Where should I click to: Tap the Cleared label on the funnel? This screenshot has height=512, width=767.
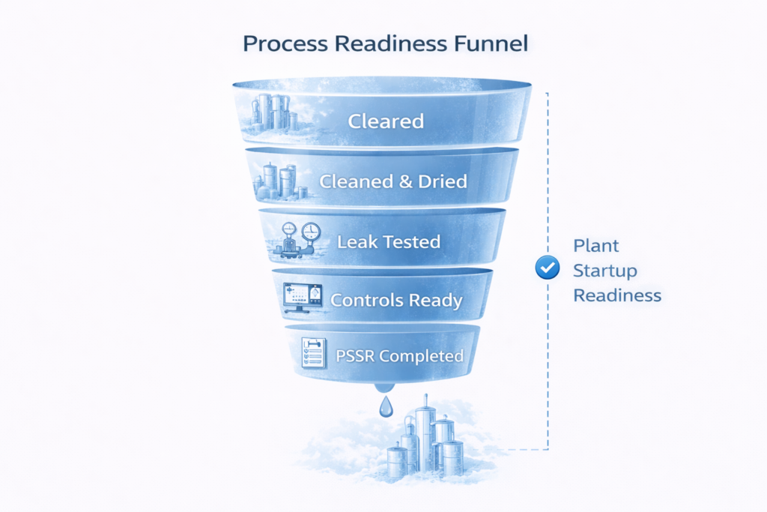pyautogui.click(x=386, y=121)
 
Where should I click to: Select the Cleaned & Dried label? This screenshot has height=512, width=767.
pyautogui.click(x=392, y=181)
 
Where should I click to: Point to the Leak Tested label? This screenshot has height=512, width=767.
pyautogui.click(x=389, y=242)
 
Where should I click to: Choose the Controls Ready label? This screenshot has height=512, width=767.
pyautogui.click(x=396, y=301)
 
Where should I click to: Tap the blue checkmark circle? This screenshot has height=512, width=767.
pyautogui.click(x=548, y=268)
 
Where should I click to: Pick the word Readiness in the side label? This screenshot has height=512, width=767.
pyautogui.click(x=617, y=295)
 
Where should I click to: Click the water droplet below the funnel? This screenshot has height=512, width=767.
pyautogui.click(x=384, y=406)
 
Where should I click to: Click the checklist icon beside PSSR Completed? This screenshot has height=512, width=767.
pyautogui.click(x=312, y=352)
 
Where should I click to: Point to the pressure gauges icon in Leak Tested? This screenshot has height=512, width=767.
pyautogui.click(x=300, y=239)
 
